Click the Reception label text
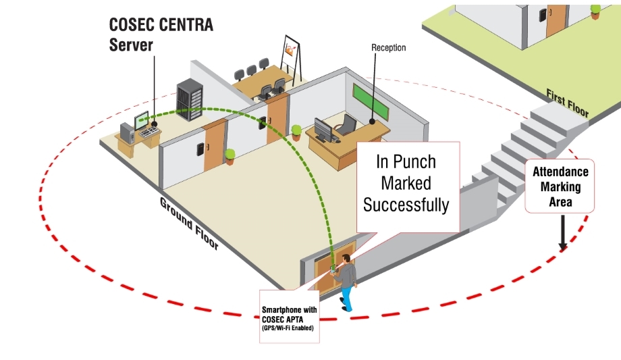389,48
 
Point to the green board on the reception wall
372,99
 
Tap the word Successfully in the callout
406,204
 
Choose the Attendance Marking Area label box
560,186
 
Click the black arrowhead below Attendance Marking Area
561,247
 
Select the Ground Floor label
189,224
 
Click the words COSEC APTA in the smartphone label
289,319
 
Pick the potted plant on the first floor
595,11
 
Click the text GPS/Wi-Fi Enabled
289,328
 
